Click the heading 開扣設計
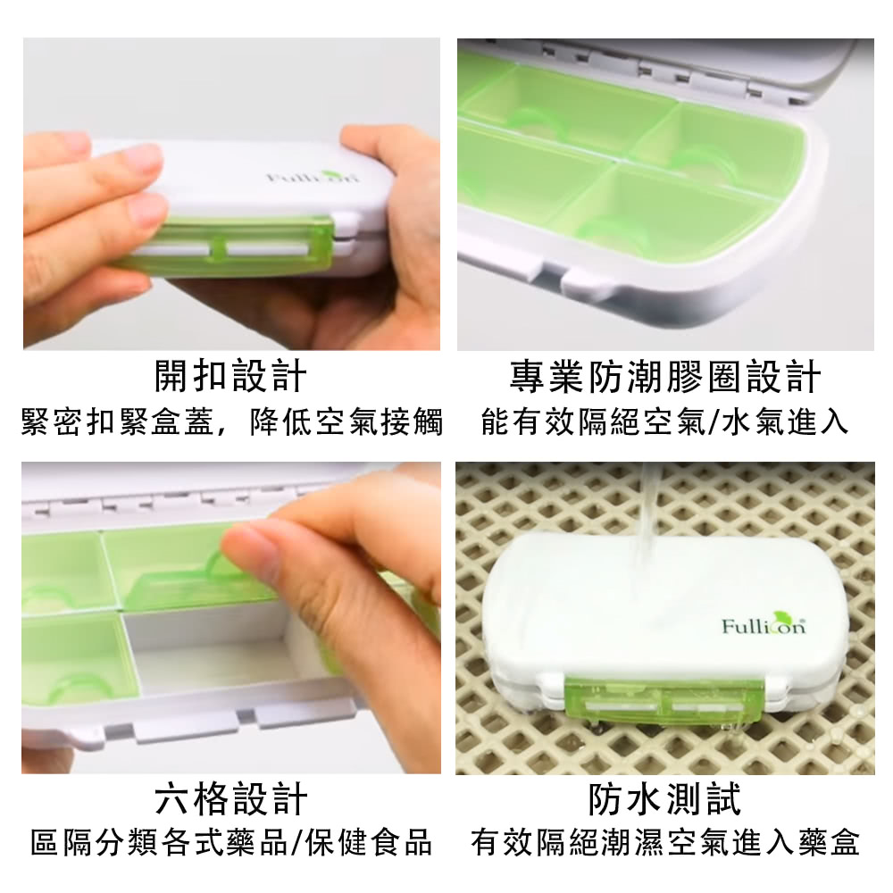[230, 376]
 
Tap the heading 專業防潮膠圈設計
[665, 376]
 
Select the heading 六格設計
[230, 798]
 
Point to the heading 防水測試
[665, 798]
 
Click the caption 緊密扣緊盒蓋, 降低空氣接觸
[232, 422]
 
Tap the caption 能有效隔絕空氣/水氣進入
[665, 422]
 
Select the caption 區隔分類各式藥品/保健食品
[231, 843]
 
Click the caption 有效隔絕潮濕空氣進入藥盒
[665, 843]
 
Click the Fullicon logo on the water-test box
[764, 624]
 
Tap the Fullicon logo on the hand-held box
[313, 176]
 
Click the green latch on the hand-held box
[228, 246]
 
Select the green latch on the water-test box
[664, 704]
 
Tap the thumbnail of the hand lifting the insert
[231, 618]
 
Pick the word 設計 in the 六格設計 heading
[270, 798]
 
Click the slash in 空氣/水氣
[713, 422]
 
